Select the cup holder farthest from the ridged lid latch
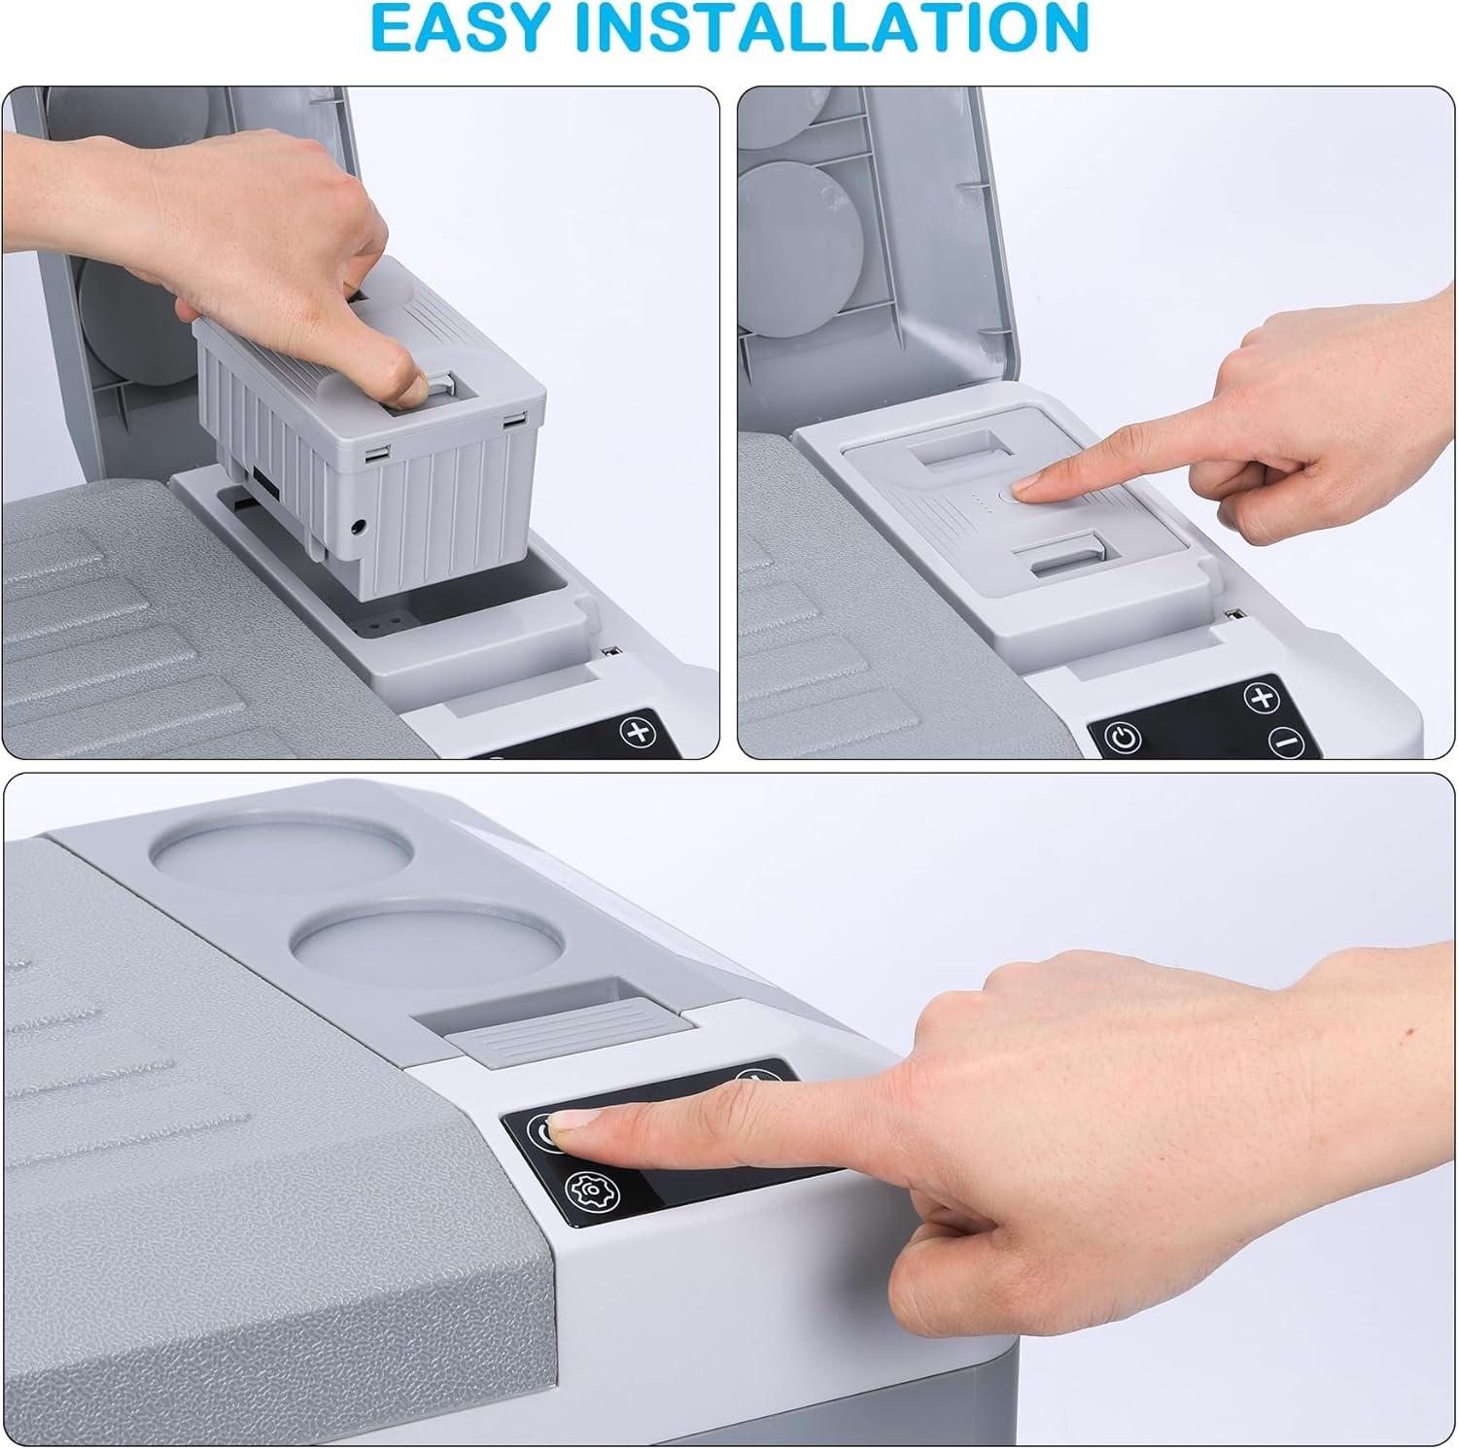282,847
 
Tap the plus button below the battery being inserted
639,731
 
